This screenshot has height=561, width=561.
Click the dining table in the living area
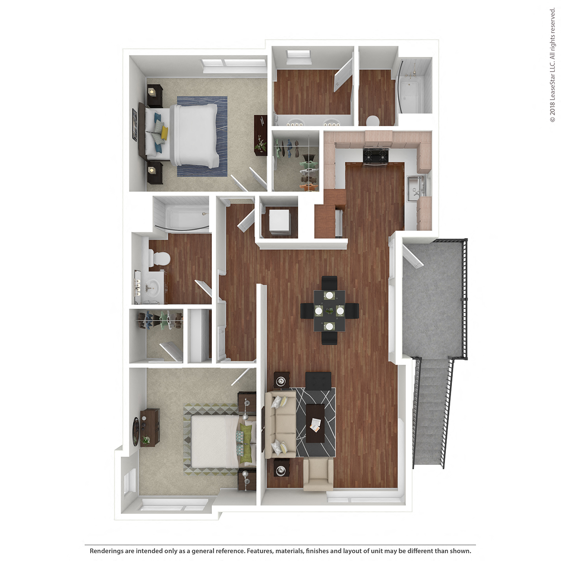(329, 310)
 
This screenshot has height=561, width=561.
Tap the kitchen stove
(376, 156)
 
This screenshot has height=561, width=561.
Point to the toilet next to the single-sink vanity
(159, 258)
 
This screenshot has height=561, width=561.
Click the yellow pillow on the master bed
(164, 133)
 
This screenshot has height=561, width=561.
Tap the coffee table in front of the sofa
(315, 422)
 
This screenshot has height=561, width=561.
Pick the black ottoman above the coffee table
(318, 380)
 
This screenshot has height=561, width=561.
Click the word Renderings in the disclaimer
(106, 551)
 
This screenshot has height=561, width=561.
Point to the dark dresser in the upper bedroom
(260, 134)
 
